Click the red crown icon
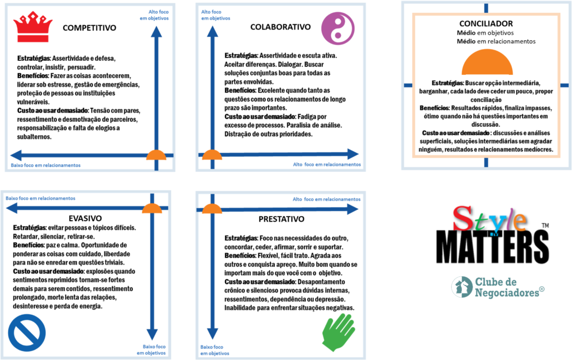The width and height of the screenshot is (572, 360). tap(33, 28)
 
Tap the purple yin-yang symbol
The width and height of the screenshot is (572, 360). tap(338, 28)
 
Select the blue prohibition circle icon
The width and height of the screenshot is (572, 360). tap(27, 333)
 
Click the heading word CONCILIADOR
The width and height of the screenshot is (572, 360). tap(485, 24)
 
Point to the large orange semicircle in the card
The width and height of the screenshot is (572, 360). tap(487, 63)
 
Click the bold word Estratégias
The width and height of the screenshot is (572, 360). tap(447, 83)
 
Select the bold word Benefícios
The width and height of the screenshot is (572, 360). tap(434, 108)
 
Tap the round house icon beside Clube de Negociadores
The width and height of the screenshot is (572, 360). tap(462, 286)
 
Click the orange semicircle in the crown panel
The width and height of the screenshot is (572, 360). tap(156, 155)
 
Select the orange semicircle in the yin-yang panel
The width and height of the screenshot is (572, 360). tap(212, 155)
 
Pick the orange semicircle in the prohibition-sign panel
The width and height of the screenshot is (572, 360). tap(151, 209)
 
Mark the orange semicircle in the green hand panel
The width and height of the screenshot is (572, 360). tap(212, 209)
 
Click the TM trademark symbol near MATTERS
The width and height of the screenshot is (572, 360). tap(545, 225)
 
